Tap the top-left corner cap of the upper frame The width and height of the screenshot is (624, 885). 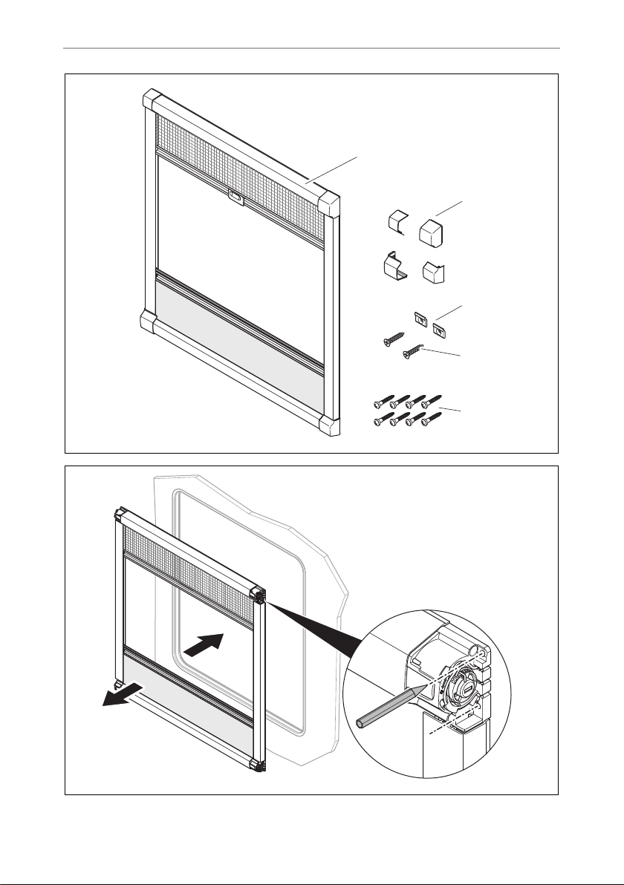[152, 99]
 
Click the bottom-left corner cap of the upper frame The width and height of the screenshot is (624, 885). [149, 323]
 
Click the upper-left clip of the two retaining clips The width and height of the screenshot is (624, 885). [421, 318]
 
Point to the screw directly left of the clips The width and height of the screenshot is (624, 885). [391, 338]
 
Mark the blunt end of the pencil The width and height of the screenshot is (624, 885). [362, 722]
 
